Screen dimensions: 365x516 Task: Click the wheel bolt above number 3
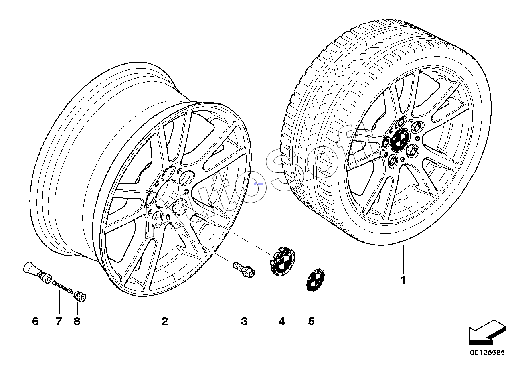[243, 269]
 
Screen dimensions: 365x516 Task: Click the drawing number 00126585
[487, 353]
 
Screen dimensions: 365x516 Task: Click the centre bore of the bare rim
[168, 189]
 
